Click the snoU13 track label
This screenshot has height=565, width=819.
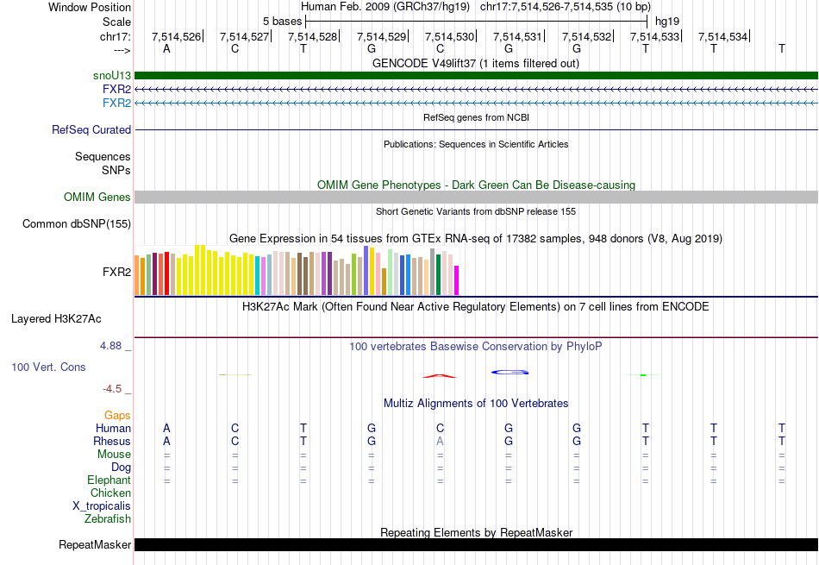(x=112, y=76)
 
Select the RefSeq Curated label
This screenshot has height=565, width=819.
(x=91, y=130)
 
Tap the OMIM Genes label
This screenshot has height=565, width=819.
(x=97, y=198)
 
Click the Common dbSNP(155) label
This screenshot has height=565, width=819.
(x=77, y=224)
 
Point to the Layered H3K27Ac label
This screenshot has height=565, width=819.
(x=56, y=318)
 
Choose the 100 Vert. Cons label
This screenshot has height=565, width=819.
(x=48, y=367)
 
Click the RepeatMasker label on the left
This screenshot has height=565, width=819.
(x=95, y=545)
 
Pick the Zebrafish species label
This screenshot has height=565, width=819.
(x=108, y=519)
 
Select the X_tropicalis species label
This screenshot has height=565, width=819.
(x=102, y=506)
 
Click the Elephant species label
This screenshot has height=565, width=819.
(x=109, y=480)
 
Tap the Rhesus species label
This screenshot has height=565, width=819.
(x=112, y=442)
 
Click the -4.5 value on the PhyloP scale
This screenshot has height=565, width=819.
(x=113, y=389)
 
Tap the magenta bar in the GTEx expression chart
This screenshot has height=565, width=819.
(x=457, y=279)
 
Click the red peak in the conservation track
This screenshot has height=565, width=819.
(x=440, y=375)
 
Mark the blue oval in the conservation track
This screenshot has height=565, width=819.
(x=510, y=372)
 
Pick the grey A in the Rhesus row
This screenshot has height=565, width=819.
(x=440, y=442)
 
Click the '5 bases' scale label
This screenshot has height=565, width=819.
(x=282, y=21)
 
